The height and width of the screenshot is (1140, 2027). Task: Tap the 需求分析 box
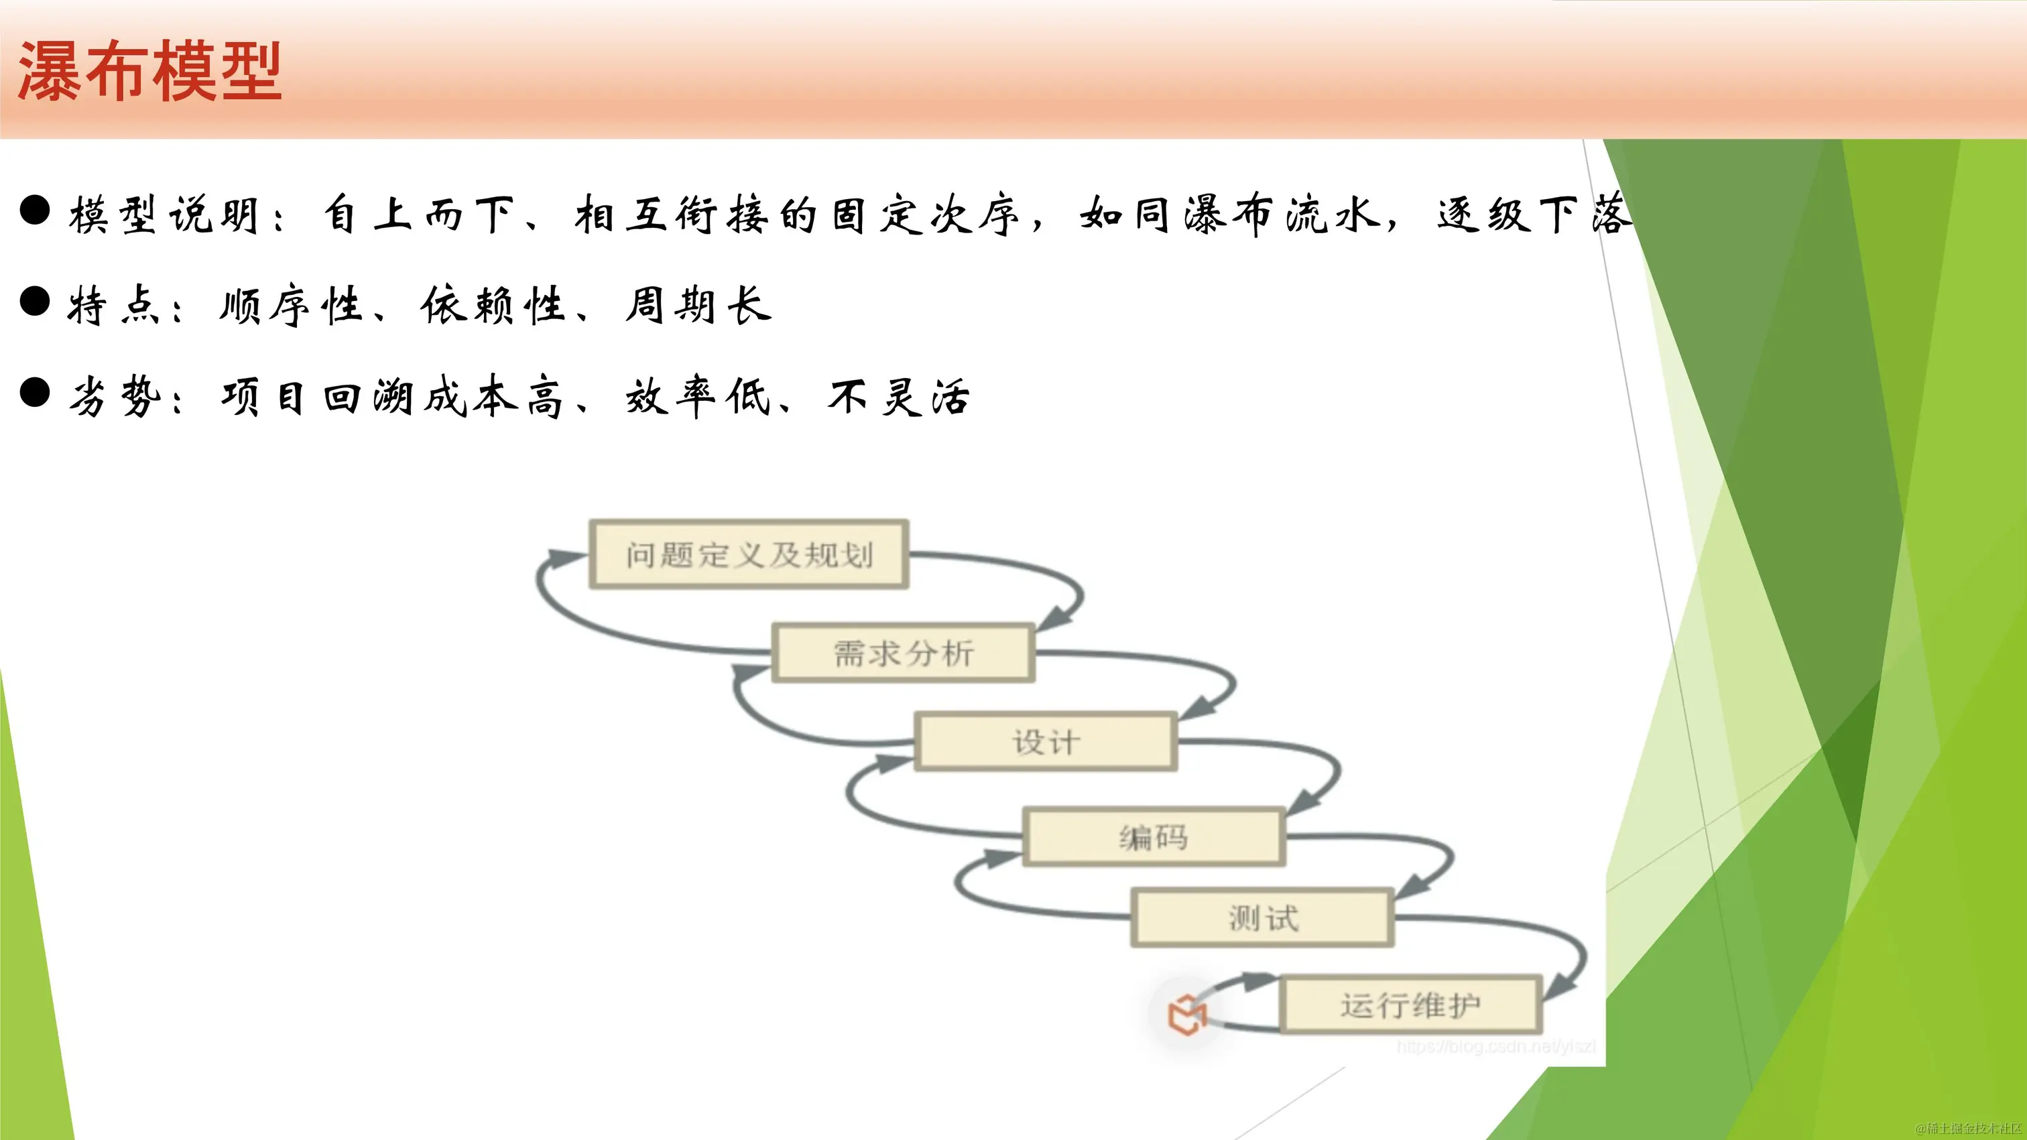(x=904, y=653)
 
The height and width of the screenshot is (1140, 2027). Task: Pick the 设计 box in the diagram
(x=1046, y=742)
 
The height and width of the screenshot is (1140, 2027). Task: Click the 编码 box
(x=1154, y=837)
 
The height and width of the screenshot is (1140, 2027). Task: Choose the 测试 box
(x=1262, y=918)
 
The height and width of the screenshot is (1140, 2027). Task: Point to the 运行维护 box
(x=1410, y=1005)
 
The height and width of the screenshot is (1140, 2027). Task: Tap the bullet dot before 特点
(x=36, y=302)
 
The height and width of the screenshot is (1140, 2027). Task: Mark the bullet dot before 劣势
(x=36, y=392)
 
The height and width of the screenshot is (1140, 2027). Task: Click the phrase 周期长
(x=698, y=305)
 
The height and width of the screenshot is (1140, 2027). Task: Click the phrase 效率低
(x=698, y=397)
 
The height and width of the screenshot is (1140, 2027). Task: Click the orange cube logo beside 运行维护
(x=1186, y=1014)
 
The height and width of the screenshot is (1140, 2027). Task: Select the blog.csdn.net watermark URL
(x=1496, y=1046)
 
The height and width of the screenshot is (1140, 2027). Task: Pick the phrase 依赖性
(x=493, y=305)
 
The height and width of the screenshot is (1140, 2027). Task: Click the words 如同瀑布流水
(x=1230, y=214)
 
